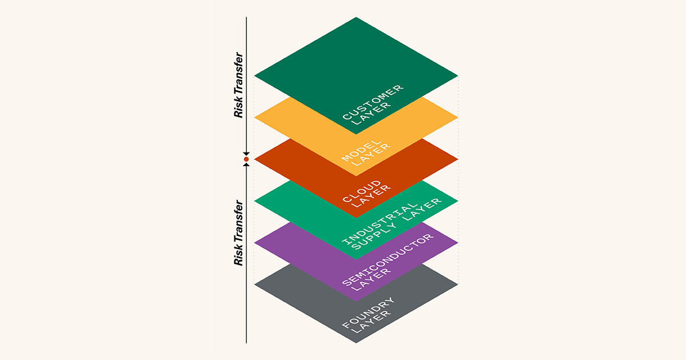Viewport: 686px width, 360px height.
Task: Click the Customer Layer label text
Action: tap(373, 105)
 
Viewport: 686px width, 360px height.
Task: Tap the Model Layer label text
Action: tap(366, 153)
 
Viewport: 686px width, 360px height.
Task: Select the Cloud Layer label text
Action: tap(366, 194)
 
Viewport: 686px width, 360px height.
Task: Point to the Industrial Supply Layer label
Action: tap(392, 224)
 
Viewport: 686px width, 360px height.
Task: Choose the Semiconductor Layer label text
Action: tap(388, 263)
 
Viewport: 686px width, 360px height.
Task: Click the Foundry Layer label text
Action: tap(368, 315)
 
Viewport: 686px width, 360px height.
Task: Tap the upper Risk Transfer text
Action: tap(238, 85)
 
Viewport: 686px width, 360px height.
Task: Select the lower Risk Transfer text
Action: tap(238, 233)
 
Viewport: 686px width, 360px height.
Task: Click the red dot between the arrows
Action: tap(246, 159)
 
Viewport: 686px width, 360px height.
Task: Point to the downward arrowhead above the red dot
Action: tap(246, 154)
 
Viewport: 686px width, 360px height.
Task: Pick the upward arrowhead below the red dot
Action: tap(246, 165)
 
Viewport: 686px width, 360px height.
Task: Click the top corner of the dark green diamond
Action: tap(356, 17)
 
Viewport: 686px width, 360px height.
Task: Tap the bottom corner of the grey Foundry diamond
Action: tap(356, 343)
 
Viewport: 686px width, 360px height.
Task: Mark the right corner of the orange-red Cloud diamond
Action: tap(458, 159)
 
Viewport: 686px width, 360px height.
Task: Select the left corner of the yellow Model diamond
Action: tap(254, 118)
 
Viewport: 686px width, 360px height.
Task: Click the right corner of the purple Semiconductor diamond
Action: tap(458, 243)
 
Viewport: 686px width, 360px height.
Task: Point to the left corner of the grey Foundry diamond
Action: tap(254, 285)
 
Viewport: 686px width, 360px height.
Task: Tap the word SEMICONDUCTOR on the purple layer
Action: tap(388, 259)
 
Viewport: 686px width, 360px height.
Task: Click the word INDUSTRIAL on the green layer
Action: tap(380, 223)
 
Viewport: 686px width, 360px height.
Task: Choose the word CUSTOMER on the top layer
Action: tap(373, 102)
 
